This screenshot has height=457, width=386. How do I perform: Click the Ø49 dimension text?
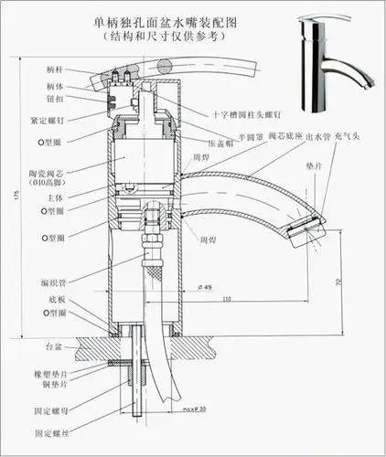point(205,288)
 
